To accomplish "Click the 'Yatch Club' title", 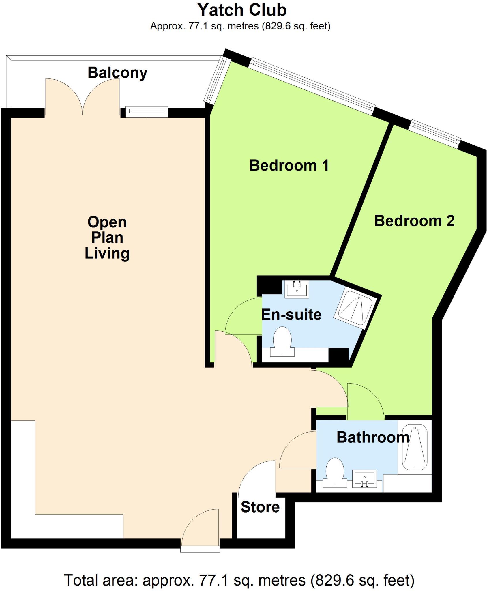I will (x=242, y=10).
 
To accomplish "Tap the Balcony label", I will (x=117, y=73).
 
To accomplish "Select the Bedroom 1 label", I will (x=289, y=166).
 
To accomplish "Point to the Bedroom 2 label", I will (x=414, y=221).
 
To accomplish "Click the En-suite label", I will (x=291, y=315).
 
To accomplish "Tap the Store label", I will (x=260, y=507).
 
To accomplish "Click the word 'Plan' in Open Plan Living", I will (x=107, y=238).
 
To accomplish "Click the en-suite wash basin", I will (x=297, y=289).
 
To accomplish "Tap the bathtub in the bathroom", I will (x=415, y=447).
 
